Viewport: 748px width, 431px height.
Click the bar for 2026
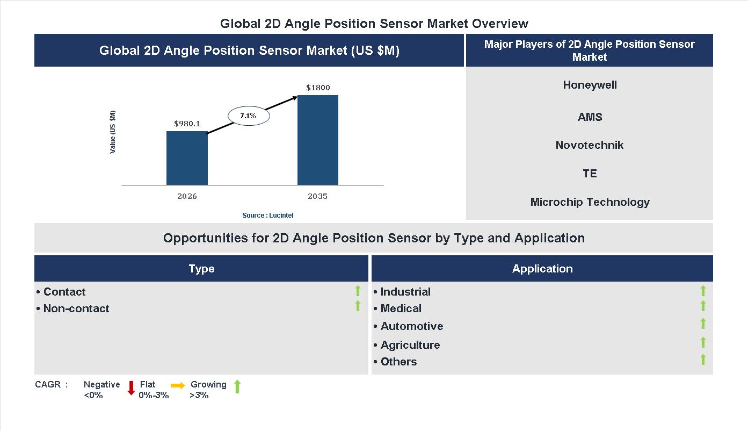[187, 158]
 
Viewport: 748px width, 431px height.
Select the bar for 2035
[318, 140]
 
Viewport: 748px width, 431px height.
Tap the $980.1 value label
[187, 124]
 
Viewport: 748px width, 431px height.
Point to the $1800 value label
[318, 88]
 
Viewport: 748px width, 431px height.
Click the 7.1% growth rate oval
[248, 116]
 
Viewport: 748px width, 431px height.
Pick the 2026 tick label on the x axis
[187, 196]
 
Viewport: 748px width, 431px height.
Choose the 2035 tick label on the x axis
[318, 196]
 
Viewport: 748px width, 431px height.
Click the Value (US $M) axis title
[113, 132]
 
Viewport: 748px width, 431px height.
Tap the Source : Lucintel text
[267, 215]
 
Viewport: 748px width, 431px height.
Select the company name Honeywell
[590, 85]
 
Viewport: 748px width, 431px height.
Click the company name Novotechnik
[590, 145]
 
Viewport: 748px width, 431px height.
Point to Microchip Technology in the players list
[590, 202]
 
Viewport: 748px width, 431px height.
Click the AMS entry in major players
[590, 117]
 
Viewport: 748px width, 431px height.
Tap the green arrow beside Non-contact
[358, 306]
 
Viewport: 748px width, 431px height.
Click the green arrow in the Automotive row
[703, 324]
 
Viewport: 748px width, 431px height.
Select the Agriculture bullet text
[410, 345]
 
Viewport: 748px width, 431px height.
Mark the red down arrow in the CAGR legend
[131, 387]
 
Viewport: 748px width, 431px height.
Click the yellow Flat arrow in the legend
[178, 385]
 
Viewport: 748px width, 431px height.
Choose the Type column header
[201, 269]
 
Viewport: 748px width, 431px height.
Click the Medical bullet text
[401, 308]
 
